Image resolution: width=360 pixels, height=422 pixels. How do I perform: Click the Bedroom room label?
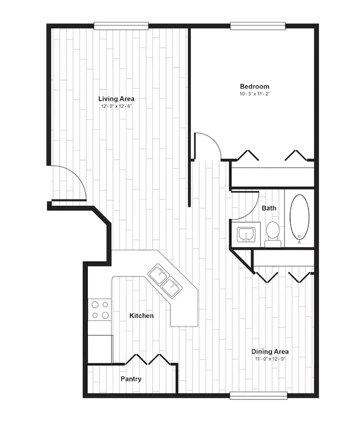pos(255,86)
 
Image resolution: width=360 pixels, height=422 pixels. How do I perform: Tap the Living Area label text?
pos(116,99)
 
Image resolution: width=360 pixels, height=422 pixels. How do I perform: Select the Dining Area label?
pos(270,351)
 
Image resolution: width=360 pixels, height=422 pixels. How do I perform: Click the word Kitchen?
pos(142,316)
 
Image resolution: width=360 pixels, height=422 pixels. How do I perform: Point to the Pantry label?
pos(131,379)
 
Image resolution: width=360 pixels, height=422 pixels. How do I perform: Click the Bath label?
pos(269,208)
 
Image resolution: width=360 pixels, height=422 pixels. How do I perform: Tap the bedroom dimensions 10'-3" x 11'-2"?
pos(255,94)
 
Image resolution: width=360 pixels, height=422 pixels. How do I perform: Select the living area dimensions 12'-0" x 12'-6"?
pos(116,106)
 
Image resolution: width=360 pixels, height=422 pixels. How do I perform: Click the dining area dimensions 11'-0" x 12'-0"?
pos(270,359)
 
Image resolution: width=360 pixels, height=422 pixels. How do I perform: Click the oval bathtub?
pos(299,217)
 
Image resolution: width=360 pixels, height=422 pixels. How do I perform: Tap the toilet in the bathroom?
pos(272,233)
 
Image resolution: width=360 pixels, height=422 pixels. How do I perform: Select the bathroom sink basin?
pos(246,235)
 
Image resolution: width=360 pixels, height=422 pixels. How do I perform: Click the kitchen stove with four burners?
pos(100,310)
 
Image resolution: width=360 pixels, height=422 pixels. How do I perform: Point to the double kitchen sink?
pos(165,281)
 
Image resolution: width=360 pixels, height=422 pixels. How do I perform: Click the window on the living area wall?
pos(121,26)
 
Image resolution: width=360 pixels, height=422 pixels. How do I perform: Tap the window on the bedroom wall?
pos(258,26)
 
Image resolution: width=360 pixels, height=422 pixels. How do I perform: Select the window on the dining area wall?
pos(258,395)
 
